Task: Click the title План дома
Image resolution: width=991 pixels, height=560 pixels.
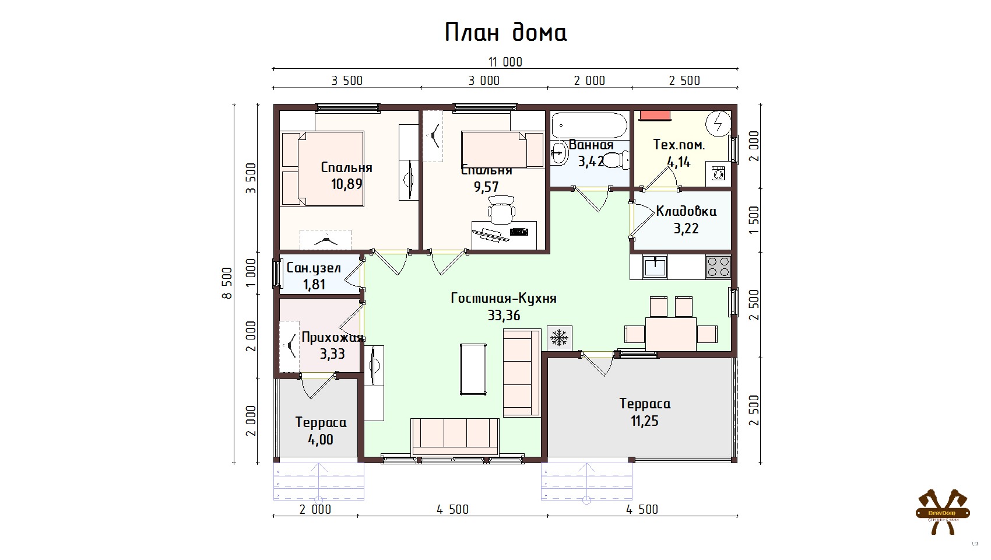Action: click(505, 33)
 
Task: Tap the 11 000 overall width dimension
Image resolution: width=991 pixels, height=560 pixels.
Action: click(505, 62)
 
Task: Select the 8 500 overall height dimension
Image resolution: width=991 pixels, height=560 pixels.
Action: click(227, 283)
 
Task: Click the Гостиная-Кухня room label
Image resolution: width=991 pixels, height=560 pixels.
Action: click(504, 298)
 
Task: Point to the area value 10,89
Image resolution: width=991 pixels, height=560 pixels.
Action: click(347, 184)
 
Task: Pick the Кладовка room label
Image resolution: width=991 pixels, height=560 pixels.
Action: click(686, 211)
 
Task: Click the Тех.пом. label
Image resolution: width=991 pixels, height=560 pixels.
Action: click(679, 145)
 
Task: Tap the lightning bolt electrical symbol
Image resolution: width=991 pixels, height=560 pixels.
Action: click(719, 123)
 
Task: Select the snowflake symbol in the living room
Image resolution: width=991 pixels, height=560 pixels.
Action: click(559, 338)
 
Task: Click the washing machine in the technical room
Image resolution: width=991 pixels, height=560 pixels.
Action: click(719, 174)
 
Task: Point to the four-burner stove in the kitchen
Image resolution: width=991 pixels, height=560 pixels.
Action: click(718, 267)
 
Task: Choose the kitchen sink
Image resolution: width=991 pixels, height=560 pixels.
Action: click(656, 267)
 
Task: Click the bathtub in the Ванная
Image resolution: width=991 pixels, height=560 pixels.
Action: click(589, 124)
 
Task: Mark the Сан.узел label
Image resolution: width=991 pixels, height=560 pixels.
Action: click(314, 268)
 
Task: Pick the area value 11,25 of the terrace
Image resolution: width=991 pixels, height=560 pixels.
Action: click(644, 421)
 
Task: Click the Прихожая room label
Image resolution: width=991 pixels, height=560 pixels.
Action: click(332, 338)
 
